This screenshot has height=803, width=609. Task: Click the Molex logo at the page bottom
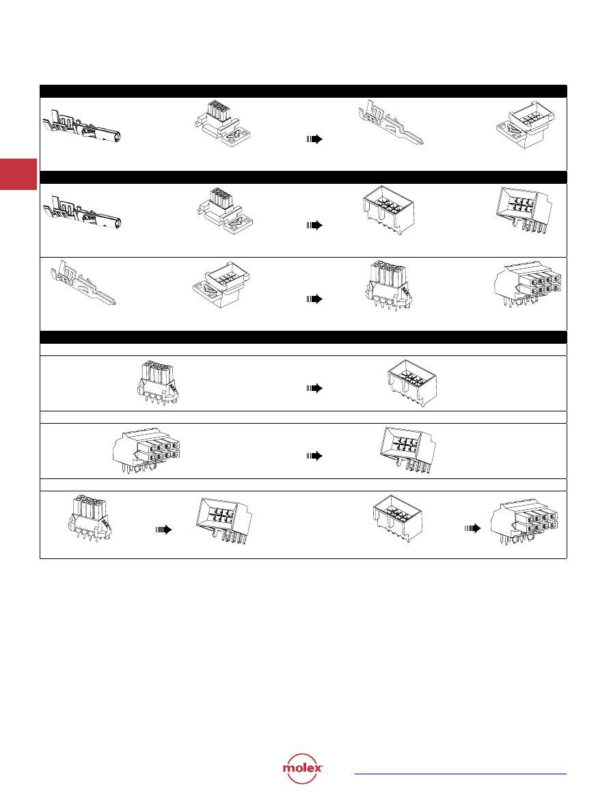(302, 768)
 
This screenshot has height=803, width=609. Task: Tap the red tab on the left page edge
(18, 174)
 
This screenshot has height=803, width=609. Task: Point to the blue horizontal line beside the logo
(461, 774)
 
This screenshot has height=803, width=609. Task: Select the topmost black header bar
(303, 91)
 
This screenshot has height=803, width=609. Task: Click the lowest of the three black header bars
(303, 337)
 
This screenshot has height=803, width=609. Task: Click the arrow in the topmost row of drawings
(314, 139)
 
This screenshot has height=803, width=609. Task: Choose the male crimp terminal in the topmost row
(390, 123)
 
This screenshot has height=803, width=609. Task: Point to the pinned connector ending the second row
(524, 210)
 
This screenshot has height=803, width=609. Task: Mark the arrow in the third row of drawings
(314, 299)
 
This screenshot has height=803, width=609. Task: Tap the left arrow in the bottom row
(163, 530)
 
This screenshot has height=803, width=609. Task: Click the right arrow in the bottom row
(472, 528)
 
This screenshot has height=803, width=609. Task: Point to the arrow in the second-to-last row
(314, 456)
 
